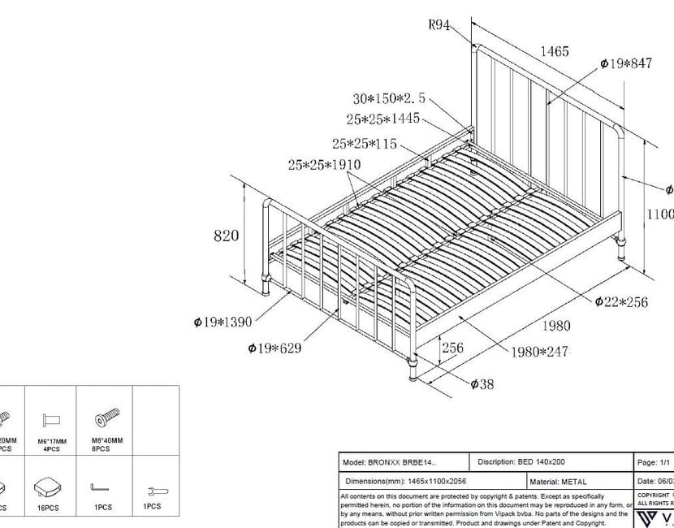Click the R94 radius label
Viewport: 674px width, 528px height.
[x=439, y=24]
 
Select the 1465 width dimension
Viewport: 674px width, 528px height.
[x=554, y=52]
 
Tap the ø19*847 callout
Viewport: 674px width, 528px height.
[x=625, y=63]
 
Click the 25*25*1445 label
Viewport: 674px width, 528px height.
[x=382, y=119]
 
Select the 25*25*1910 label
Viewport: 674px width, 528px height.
[x=324, y=165]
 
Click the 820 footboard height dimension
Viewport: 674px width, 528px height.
[x=226, y=236]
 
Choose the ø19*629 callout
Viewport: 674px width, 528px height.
[x=274, y=348]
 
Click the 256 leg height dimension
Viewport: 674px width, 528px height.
[x=451, y=348]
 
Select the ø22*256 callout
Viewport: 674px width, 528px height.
[x=621, y=302]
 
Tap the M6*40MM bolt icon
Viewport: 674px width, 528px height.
[x=106, y=418]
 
